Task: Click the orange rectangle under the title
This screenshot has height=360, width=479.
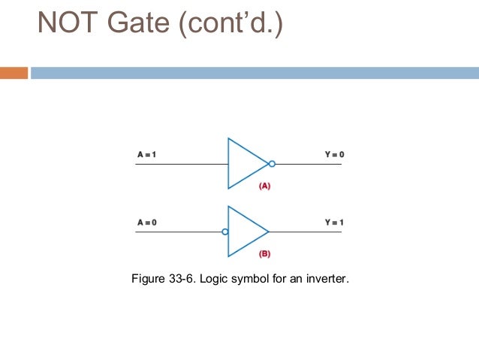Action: click(x=14, y=73)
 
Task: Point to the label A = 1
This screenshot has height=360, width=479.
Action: click(x=146, y=155)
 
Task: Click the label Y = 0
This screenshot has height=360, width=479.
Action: click(x=334, y=155)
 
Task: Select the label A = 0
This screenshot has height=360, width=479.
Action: click(x=146, y=222)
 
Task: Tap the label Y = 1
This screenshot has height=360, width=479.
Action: click(x=334, y=222)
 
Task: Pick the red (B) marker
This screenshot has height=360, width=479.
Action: click(x=264, y=253)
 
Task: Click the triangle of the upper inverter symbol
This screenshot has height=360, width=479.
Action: click(x=245, y=163)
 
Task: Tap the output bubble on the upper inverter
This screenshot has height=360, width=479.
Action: click(x=272, y=163)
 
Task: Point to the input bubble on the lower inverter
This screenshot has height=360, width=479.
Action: click(x=224, y=231)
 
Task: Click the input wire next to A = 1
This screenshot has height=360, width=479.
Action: click(x=180, y=163)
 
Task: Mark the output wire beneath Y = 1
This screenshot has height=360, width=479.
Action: click(x=308, y=231)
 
